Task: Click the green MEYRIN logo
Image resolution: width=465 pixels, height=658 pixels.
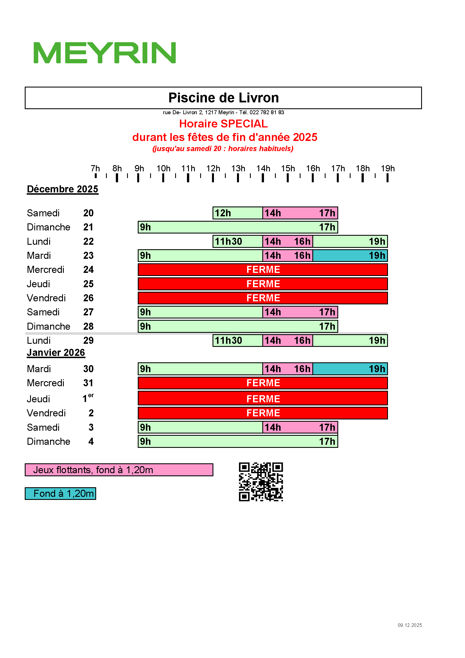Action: [105, 53]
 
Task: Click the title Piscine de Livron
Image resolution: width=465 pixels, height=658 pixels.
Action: [223, 98]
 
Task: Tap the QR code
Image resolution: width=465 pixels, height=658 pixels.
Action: [261, 481]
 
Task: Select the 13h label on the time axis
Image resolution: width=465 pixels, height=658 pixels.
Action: [238, 169]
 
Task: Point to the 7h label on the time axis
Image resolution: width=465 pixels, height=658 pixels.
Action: [95, 169]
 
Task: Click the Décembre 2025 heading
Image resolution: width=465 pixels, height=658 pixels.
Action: [62, 189]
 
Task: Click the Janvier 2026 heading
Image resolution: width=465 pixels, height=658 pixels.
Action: [56, 352]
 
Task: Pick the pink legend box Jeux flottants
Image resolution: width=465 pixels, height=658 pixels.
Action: [119, 470]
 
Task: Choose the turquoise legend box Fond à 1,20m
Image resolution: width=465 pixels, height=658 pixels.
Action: [60, 493]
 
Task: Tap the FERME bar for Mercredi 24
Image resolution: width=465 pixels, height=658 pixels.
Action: [263, 270]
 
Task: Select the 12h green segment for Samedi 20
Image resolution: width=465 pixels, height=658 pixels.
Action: [238, 213]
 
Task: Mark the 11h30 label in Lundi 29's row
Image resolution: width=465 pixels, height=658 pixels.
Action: [229, 340]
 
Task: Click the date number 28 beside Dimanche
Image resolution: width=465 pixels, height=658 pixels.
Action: [88, 326]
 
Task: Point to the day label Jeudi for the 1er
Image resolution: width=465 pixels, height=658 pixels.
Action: [38, 399]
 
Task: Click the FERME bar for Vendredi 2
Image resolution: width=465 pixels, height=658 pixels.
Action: [263, 413]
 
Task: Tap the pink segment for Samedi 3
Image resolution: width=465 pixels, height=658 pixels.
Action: [300, 427]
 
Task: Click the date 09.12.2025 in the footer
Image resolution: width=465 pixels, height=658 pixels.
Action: [409, 625]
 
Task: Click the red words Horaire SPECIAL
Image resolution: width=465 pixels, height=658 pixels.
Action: [223, 124]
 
